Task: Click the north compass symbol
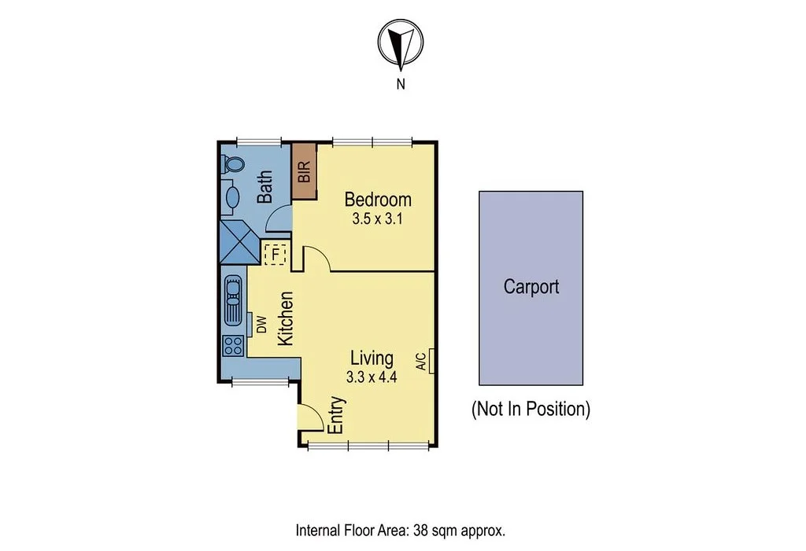tap(401, 43)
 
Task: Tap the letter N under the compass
tap(401, 84)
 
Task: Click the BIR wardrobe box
tap(304, 171)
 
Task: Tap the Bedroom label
tap(377, 200)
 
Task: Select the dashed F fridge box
tap(275, 255)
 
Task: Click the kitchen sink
tap(234, 299)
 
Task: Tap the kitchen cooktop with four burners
tap(232, 346)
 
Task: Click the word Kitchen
tap(287, 318)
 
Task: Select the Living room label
tap(372, 358)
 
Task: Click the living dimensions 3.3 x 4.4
tap(372, 377)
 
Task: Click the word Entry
tap(336, 414)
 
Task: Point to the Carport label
tap(531, 286)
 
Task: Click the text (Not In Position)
tap(531, 409)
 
